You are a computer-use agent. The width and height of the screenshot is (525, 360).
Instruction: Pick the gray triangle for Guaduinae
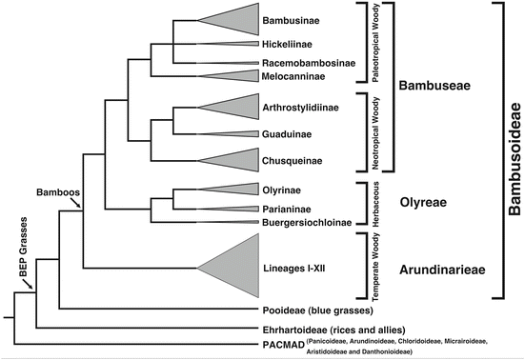[x=238, y=134]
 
